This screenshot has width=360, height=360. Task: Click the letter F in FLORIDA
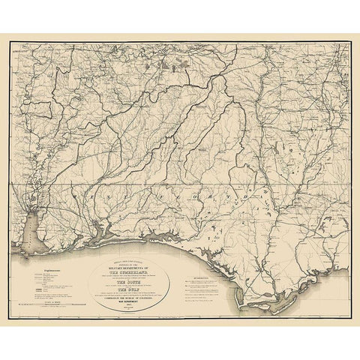(x=190, y=199)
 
